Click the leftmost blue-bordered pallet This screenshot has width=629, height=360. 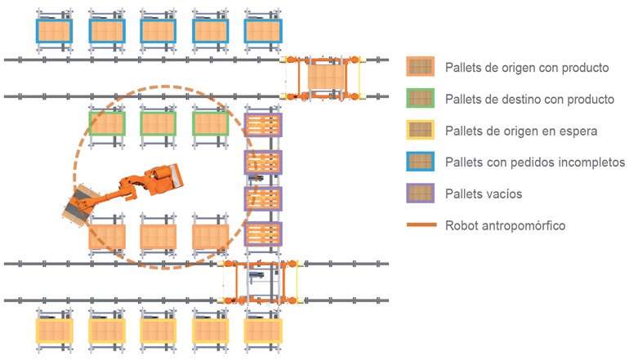[54, 31]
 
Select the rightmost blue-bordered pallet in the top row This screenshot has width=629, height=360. [263, 31]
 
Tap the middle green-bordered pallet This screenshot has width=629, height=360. [158, 123]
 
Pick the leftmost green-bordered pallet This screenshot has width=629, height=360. [107, 123]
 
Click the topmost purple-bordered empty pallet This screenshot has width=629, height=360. [263, 125]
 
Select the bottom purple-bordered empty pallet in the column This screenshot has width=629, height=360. [263, 234]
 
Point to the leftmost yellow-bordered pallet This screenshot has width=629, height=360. [54, 331]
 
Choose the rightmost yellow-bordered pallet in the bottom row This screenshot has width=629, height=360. [263, 331]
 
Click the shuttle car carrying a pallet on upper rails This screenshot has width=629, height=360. [323, 78]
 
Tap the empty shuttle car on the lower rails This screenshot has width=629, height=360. [260, 282]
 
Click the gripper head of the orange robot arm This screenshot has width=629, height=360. [80, 205]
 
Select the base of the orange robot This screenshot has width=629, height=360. [165, 180]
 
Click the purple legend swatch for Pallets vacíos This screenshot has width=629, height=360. [420, 193]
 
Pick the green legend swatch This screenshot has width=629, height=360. [420, 98]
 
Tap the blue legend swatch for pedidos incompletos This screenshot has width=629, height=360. [420, 162]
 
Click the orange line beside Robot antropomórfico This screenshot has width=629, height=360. [422, 225]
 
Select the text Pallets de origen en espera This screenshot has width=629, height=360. [521, 131]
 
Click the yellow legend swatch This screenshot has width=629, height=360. [420, 130]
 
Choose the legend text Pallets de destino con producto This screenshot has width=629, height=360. [529, 99]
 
